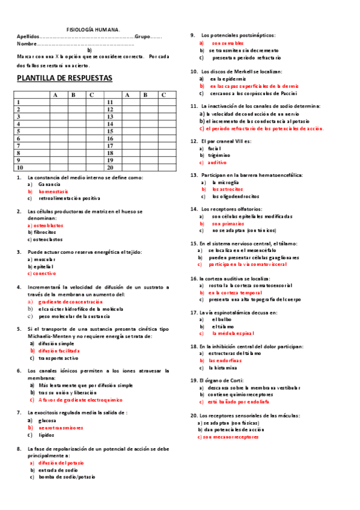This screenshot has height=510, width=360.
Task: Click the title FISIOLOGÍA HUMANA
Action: pos(93,29)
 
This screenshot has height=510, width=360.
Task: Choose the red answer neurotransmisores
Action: pos(60,427)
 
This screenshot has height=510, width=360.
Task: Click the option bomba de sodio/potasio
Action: pos(67,477)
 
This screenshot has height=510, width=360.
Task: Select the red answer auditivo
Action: pos(218,162)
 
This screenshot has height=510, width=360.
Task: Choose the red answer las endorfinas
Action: pos(225,360)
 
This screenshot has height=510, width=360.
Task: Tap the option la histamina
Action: pos(222,367)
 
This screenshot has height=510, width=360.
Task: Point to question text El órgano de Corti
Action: pos(223,381)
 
